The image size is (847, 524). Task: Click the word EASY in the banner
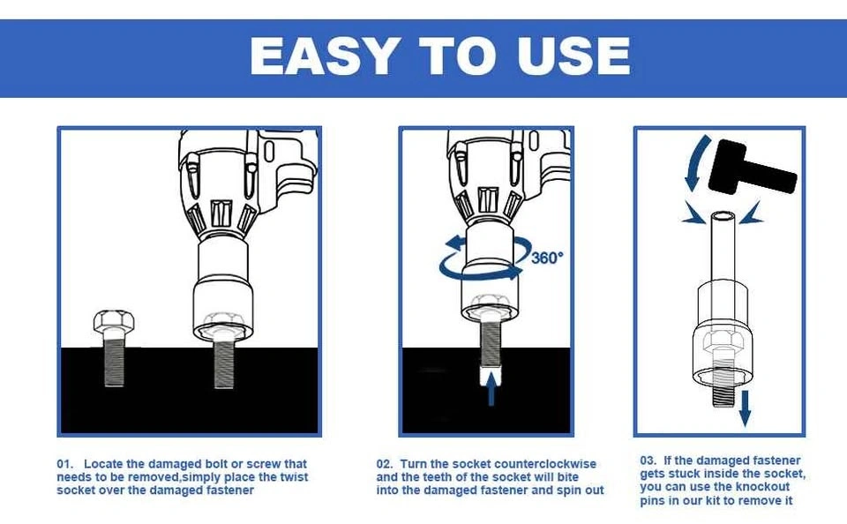click(x=324, y=56)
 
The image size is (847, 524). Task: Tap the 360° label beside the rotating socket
click(x=547, y=258)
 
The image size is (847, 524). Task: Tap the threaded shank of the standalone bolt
click(x=114, y=359)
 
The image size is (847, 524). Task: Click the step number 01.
click(x=64, y=464)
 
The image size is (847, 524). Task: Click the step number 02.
click(x=385, y=464)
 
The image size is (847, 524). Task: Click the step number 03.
click(x=648, y=460)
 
